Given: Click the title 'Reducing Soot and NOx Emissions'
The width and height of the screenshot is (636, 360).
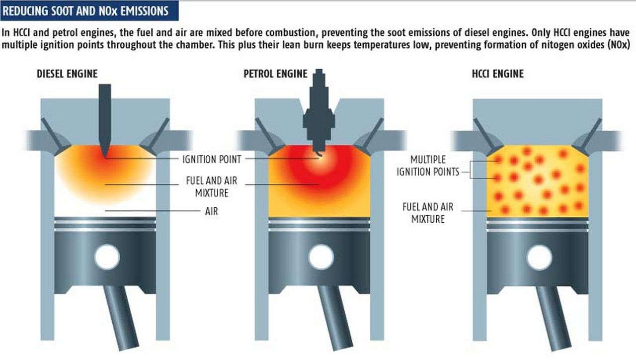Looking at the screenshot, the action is coord(85,11).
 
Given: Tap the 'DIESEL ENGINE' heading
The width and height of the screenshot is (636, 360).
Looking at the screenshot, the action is coord(67,74).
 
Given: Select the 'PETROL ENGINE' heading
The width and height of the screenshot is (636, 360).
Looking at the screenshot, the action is coord(275,74).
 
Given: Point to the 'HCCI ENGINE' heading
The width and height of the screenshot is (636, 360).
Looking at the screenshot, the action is coord(498,74).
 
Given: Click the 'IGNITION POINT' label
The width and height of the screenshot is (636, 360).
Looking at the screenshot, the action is coord(212,160).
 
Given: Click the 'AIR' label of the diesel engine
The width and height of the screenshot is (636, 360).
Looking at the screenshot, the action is coord(212,211).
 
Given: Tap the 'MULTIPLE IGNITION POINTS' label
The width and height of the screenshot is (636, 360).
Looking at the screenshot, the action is coord(428,166).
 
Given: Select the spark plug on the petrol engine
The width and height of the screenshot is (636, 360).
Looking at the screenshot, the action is coord(319,112).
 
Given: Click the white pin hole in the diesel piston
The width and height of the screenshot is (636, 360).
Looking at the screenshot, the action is coord(107,257).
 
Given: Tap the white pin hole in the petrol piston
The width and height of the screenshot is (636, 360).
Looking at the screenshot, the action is coord(321,257).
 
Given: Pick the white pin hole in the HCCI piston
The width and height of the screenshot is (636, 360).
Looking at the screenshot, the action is coord(539,258).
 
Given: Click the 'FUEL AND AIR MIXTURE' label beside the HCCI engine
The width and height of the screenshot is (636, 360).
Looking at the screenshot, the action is coord(428,213).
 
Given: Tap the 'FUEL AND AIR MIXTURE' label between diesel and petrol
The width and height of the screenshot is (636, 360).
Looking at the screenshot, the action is coord(212,186).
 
